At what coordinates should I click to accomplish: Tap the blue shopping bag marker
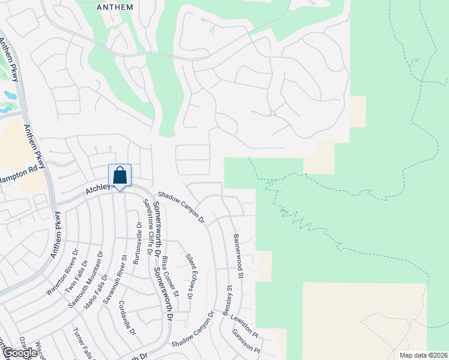(119, 176)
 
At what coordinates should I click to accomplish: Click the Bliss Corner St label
(170, 277)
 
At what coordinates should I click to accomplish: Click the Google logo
(19, 353)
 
